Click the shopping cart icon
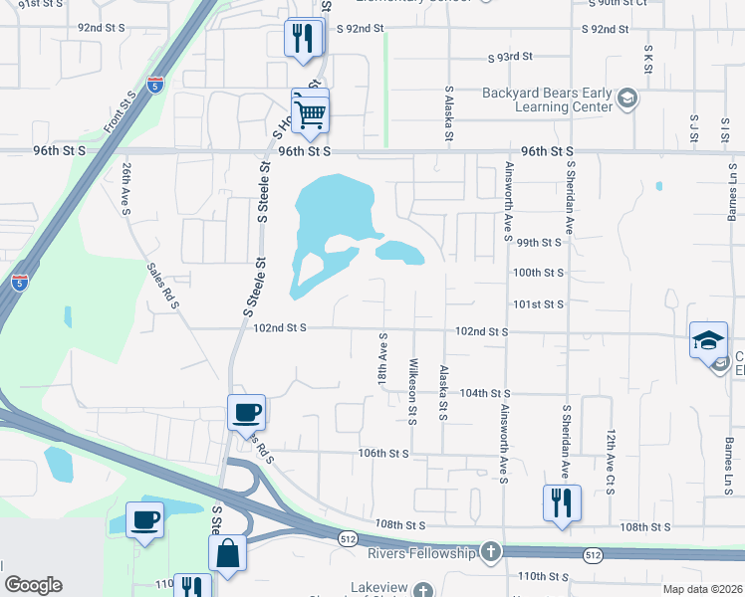point(310,111)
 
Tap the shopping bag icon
point(228,553)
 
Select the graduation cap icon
point(708,339)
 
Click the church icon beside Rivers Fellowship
point(489,551)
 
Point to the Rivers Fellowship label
point(423,552)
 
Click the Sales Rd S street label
point(161,287)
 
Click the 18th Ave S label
point(382,362)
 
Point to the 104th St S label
point(485,394)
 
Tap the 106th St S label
point(384,453)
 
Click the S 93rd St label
point(510,57)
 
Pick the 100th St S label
point(538,272)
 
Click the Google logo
point(33,585)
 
